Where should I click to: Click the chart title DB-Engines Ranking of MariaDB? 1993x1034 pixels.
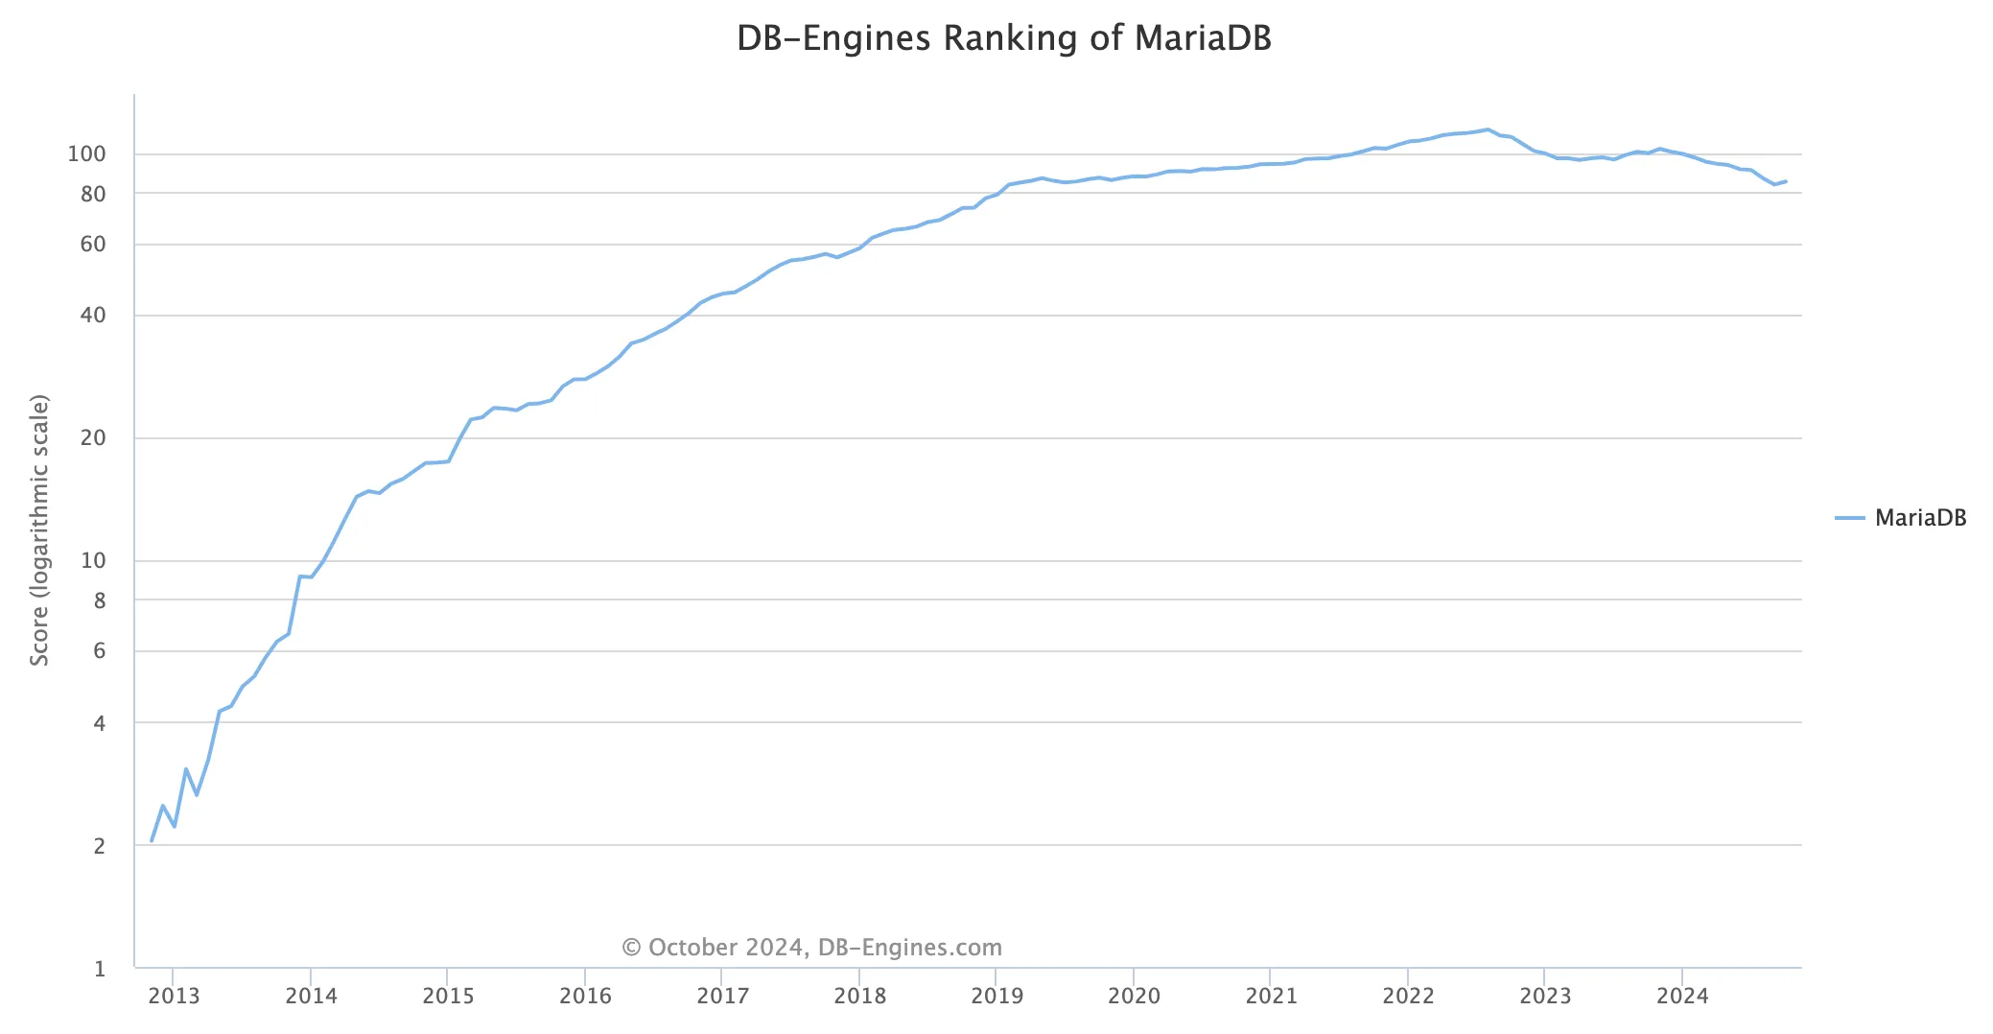(1003, 38)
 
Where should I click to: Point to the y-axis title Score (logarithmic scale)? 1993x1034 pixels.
(39, 529)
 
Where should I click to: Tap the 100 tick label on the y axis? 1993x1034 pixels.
(86, 154)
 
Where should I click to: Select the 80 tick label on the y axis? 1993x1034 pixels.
(93, 194)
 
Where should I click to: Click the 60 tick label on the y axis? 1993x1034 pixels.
(93, 245)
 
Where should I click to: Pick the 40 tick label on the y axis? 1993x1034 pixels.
(93, 316)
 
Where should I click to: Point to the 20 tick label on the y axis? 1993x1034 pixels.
(93, 438)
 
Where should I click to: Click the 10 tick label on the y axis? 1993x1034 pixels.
(93, 561)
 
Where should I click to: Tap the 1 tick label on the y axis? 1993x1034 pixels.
(99, 969)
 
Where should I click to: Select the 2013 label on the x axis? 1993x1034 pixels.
(174, 996)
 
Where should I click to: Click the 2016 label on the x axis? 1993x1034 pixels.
(585, 996)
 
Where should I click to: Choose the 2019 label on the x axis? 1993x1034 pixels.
(996, 996)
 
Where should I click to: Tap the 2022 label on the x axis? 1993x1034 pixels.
(1408, 996)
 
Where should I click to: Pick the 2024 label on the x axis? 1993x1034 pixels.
(1682, 996)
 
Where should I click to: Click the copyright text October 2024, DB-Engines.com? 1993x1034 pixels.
(812, 948)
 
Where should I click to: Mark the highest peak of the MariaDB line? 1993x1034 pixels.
(1488, 129)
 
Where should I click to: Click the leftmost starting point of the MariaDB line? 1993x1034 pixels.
(152, 841)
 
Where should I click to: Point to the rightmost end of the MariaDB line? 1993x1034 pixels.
(1786, 181)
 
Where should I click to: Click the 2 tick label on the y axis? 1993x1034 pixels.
(99, 846)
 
